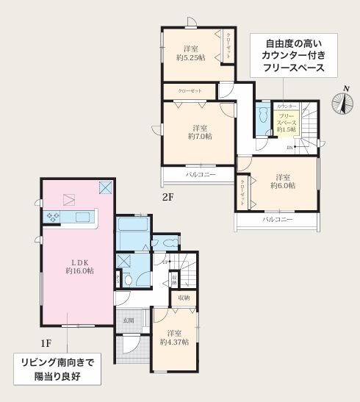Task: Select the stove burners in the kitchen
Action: click(54, 217)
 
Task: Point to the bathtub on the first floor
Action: click(133, 234)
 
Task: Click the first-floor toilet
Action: click(129, 279)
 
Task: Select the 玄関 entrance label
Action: click(128, 319)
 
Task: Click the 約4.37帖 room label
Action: click(174, 337)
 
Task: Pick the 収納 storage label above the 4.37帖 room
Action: click(183, 298)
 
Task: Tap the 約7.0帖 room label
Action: click(198, 131)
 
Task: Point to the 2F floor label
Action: click(168, 197)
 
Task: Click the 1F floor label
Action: click(46, 342)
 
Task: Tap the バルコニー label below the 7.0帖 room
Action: click(199, 175)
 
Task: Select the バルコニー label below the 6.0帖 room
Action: click(278, 220)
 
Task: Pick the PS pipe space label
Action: click(118, 279)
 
